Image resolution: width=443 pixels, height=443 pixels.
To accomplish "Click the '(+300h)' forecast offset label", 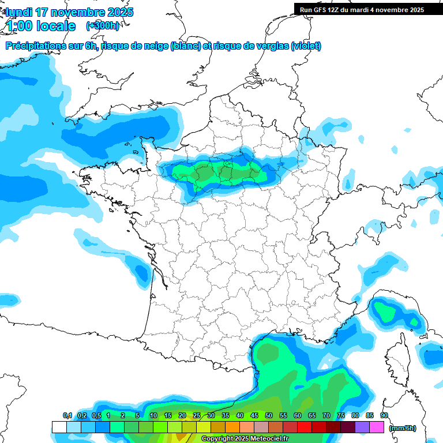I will click(103, 26).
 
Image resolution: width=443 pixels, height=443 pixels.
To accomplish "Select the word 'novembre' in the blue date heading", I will click(75, 12).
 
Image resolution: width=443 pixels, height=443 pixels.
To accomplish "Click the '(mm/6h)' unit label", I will click(403, 428).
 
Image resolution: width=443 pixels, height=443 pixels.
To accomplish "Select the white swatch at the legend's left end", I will click(59, 427).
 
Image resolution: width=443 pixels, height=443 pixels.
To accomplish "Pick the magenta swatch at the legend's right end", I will click(377, 427).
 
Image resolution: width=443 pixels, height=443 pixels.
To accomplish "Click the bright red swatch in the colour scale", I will click(305, 427).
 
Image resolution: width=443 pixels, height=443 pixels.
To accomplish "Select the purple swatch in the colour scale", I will click(362, 427).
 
